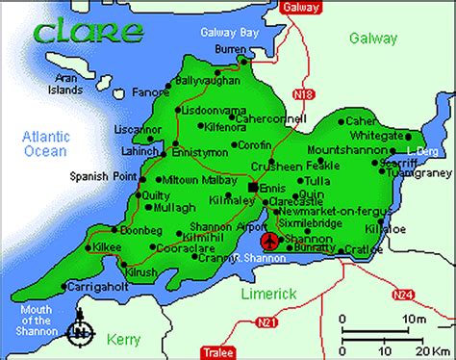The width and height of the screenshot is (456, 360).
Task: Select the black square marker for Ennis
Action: click(x=253, y=187)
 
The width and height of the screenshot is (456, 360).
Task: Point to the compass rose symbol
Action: click(x=84, y=333)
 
